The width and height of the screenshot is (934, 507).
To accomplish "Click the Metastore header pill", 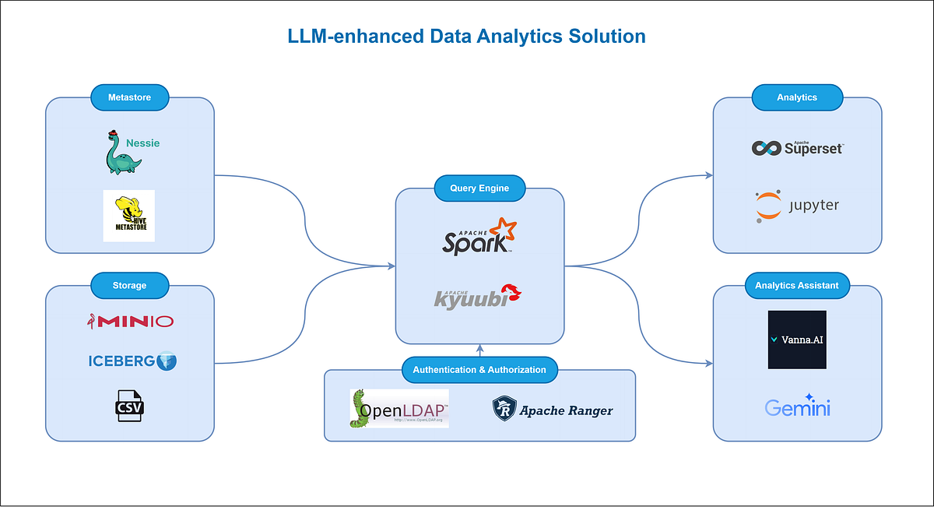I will [129, 97].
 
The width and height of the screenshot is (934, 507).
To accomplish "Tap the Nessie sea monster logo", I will [124, 153].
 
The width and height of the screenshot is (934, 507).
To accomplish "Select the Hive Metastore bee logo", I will [129, 216].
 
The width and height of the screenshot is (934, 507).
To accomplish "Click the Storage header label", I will [129, 285].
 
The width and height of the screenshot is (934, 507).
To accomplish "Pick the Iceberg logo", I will [132, 361].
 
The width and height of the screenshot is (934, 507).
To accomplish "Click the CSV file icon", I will [130, 406].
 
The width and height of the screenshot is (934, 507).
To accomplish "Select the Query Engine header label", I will [479, 188].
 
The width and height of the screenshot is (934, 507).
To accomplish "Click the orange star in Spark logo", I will [504, 231].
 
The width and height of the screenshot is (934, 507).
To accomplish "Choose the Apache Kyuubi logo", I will [477, 296].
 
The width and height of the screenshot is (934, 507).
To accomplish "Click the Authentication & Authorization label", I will [479, 370].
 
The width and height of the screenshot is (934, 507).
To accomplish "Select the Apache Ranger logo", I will [553, 409].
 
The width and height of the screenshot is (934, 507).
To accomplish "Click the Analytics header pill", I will [797, 97].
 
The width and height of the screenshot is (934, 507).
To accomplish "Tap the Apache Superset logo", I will [797, 147].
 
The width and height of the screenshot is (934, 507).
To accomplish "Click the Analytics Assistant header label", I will [797, 285].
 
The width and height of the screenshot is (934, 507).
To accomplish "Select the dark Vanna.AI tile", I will [797, 340].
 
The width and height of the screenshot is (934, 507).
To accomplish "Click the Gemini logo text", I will [797, 406].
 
